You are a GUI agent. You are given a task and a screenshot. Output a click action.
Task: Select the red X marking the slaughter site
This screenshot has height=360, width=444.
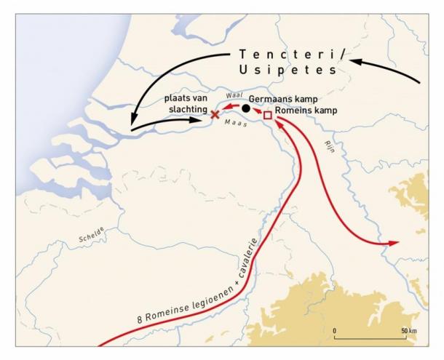tap(215, 114)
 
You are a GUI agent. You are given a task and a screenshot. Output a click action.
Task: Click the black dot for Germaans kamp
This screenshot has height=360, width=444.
tap(247, 109)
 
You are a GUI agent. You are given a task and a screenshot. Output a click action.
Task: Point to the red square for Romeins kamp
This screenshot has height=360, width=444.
tap(267, 116)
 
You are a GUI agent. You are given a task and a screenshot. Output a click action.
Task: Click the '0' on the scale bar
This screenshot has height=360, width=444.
tap(335, 330)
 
